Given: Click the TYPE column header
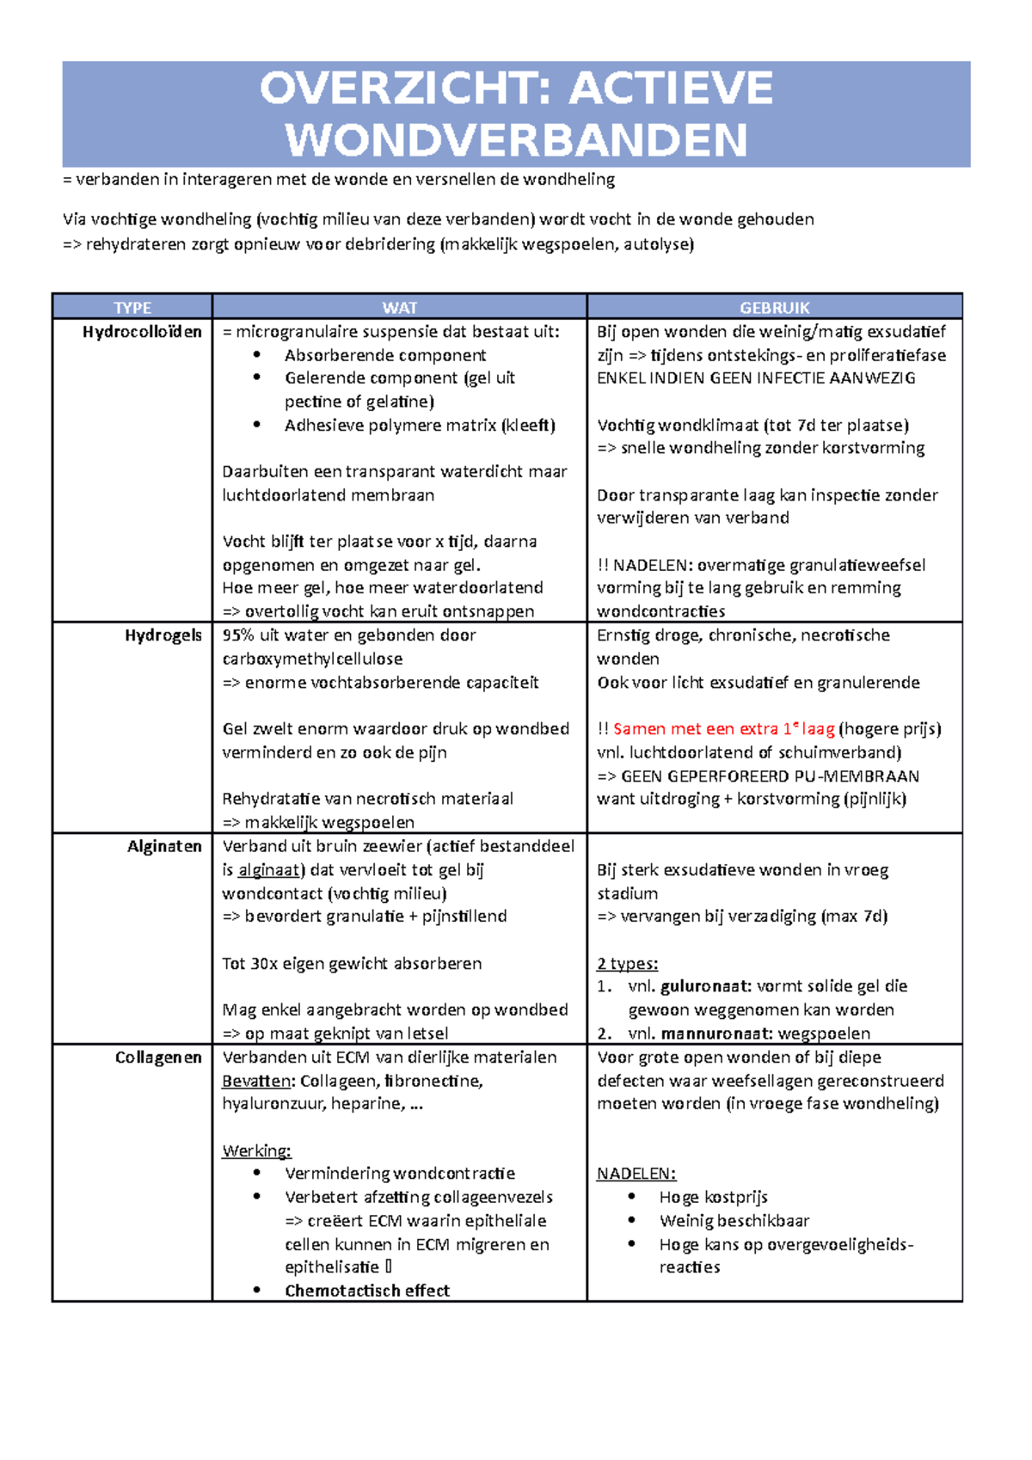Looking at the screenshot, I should (x=132, y=308).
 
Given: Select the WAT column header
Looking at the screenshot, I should (x=400, y=308).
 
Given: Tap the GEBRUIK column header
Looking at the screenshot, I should (x=775, y=308).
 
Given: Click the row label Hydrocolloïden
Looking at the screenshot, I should (x=142, y=332).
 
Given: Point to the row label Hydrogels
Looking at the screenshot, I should (x=163, y=635).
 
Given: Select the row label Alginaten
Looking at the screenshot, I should (x=164, y=846).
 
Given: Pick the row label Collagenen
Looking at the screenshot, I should (x=158, y=1058).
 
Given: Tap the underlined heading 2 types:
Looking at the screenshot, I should (x=628, y=964).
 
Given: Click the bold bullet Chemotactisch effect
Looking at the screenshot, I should (x=367, y=1291).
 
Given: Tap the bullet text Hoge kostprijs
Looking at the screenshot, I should (x=713, y=1198).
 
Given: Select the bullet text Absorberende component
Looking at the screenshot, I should (x=385, y=355).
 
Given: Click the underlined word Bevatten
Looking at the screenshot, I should (x=255, y=1081).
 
